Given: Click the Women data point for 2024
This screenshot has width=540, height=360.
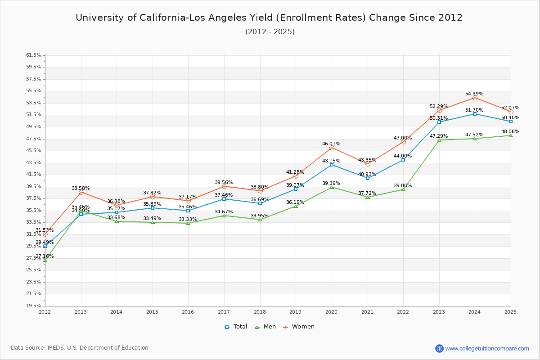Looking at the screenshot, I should coord(475,98).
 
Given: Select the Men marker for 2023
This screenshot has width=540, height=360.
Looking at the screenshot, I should coord(439,140).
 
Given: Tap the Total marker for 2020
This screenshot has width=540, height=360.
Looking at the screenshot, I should coord(332,165).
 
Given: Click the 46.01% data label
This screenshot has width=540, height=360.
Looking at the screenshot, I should coord(331,144).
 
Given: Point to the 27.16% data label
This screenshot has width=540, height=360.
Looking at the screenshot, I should coord(45,256).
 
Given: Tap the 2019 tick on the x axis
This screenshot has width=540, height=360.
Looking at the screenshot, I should coord(296,311).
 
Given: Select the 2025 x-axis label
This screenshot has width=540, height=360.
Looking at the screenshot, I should coord(510,311).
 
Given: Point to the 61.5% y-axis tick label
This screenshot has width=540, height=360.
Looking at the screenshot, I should coord(34,55).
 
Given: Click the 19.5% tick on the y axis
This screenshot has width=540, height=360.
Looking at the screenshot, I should coord(34,306).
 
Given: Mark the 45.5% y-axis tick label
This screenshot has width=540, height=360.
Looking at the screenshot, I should coord(34,151).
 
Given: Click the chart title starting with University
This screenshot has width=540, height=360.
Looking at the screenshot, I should coord(269,18).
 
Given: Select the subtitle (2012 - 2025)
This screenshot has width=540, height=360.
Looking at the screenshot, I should coord(270,32).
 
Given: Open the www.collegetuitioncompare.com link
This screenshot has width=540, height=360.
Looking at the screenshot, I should coord(487,348).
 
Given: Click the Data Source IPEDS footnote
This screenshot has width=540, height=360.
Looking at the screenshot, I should coord(80,348).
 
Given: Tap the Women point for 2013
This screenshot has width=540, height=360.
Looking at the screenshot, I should coord(81,192).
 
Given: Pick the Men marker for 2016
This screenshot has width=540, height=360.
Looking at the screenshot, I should coord(188,223).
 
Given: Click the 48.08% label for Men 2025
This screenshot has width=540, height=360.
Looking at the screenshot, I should coord(510,132).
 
